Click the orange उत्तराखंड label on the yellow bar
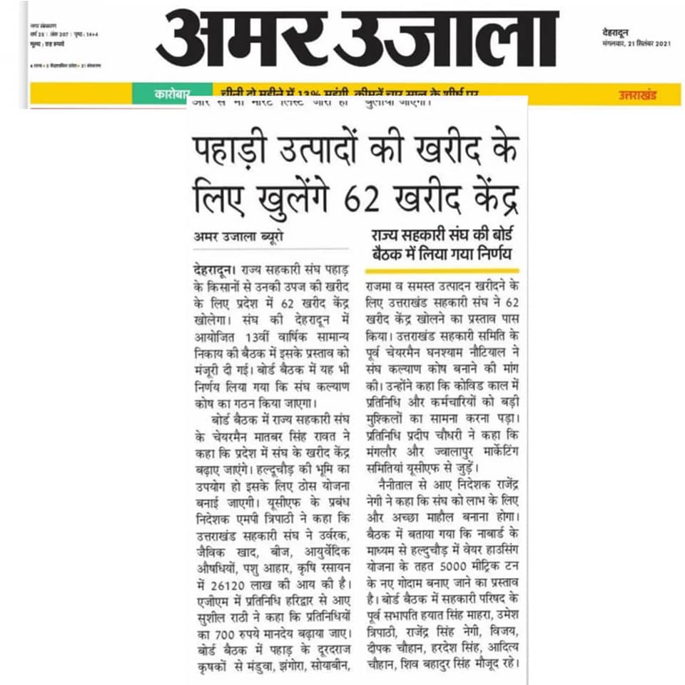tap(637, 95)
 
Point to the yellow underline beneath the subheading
tap(442, 270)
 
